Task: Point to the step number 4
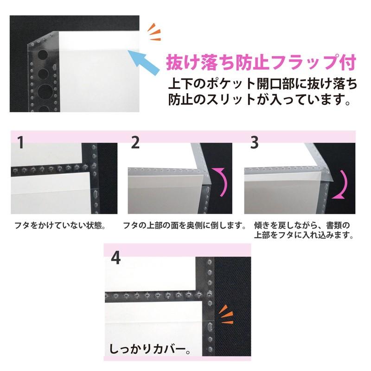pos(116,258)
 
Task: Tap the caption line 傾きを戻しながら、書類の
pos(302,225)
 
